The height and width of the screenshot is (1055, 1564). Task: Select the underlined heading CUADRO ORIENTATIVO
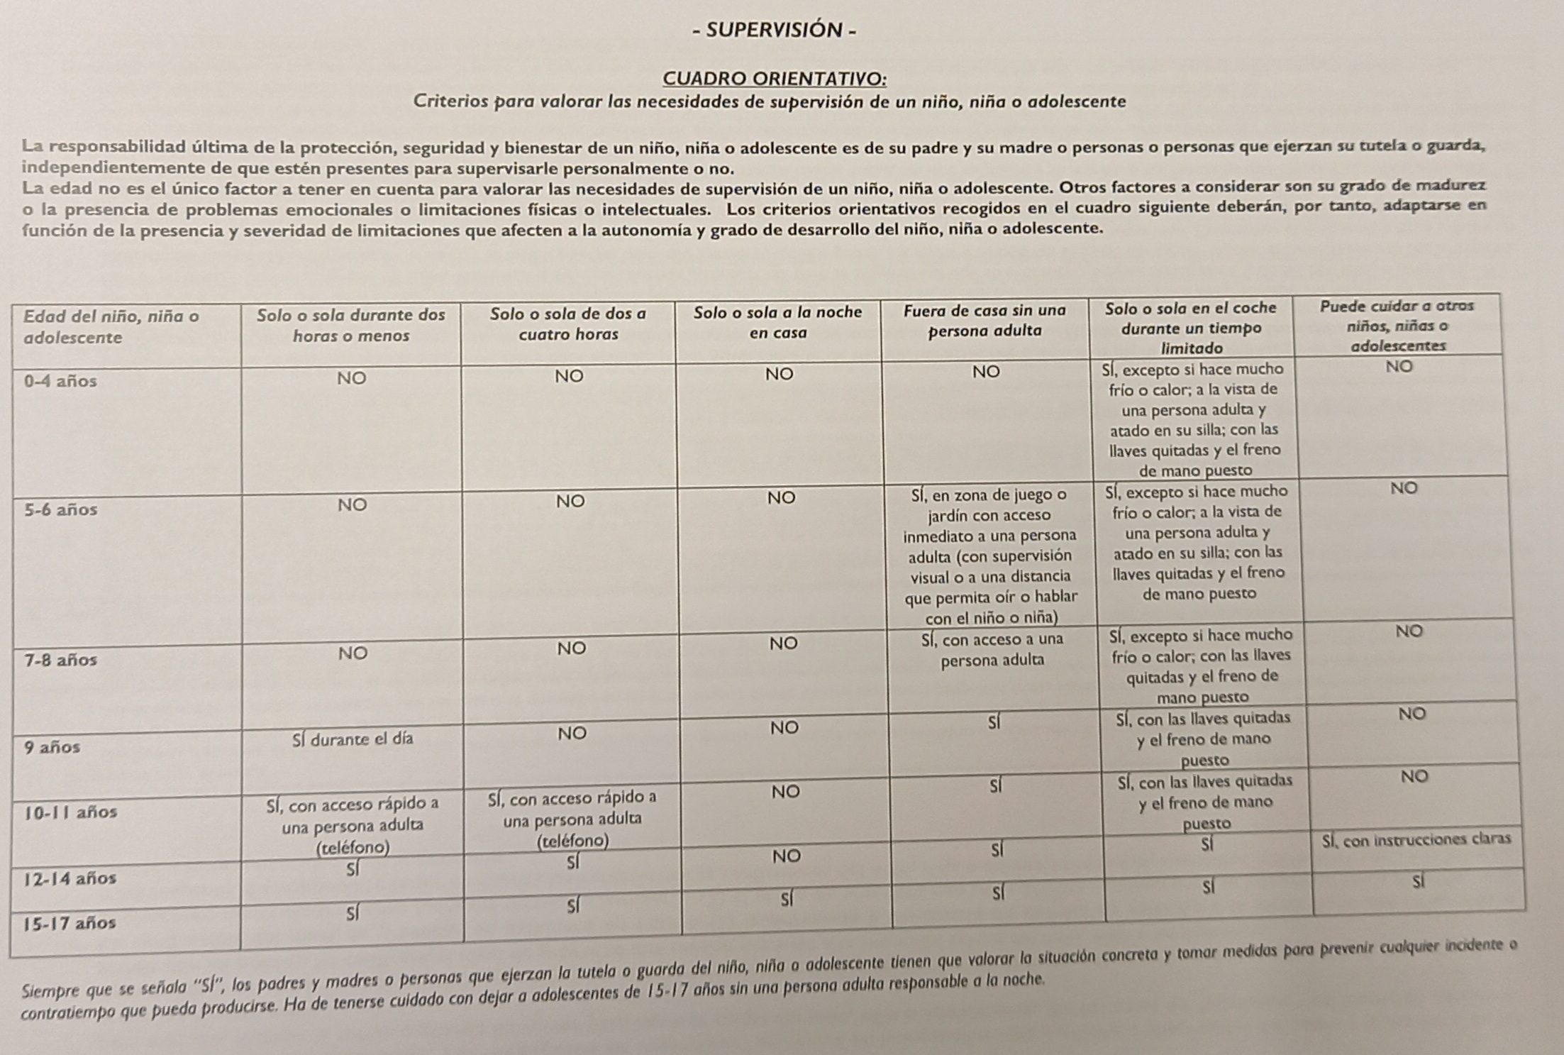click(x=774, y=78)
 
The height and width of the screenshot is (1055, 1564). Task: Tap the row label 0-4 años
click(x=60, y=381)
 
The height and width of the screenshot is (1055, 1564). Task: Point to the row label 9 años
click(x=52, y=747)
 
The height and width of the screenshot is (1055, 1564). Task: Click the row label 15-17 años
click(x=70, y=923)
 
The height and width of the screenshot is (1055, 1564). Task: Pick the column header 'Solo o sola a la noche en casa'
click(x=777, y=322)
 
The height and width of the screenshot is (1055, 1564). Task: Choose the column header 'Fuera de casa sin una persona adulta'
click(x=985, y=320)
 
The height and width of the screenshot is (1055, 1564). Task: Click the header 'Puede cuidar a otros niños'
click(x=1397, y=326)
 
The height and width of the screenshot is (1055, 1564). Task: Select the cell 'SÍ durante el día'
click(x=353, y=739)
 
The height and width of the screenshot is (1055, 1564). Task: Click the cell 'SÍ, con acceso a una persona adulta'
click(x=992, y=649)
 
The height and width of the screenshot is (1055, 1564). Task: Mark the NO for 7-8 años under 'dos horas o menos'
click(x=353, y=653)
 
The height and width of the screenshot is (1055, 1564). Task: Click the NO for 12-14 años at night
click(x=787, y=856)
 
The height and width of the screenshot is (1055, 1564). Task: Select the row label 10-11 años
click(x=70, y=812)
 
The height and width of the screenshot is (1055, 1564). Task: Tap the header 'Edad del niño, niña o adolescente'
click(x=111, y=326)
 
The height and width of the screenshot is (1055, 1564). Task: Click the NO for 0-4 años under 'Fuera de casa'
click(x=986, y=372)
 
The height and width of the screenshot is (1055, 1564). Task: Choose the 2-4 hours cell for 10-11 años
click(x=572, y=819)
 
